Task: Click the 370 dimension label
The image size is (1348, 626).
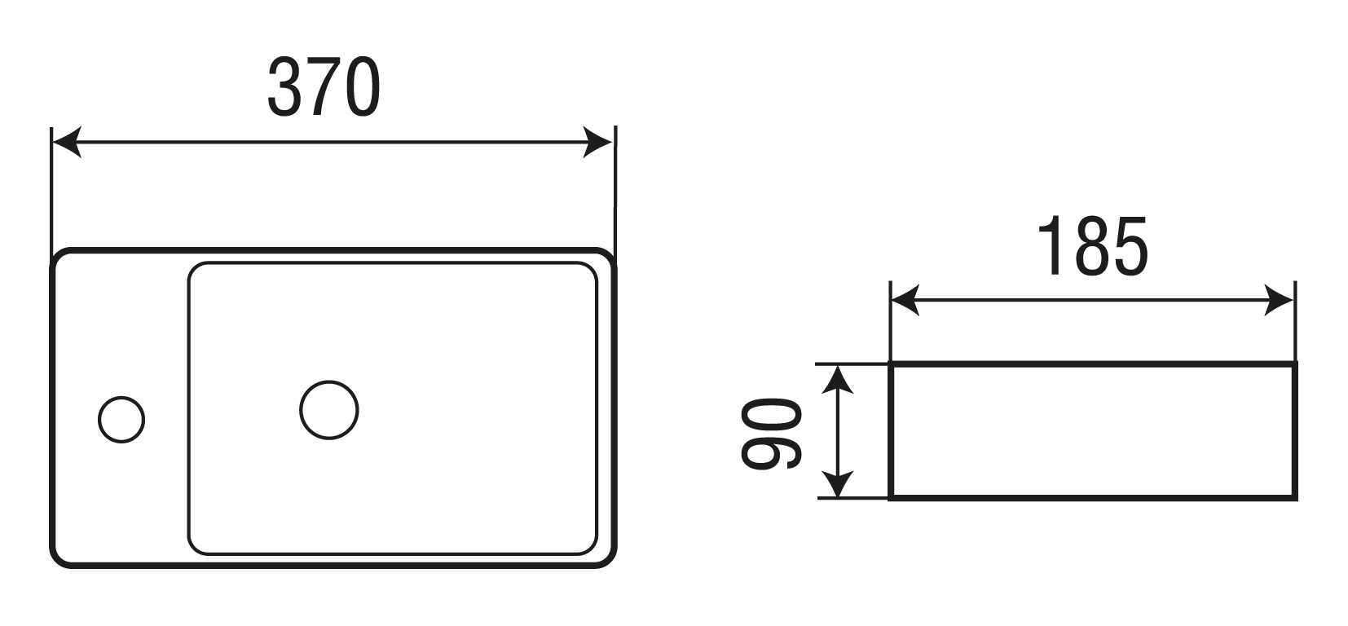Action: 324,88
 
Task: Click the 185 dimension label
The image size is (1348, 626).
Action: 1092,247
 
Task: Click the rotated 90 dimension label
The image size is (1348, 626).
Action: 771,434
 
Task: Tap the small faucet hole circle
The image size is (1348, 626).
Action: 121,420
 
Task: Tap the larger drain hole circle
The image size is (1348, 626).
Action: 329,410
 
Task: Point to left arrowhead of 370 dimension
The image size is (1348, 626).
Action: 66,142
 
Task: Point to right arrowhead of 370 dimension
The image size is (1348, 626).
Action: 597,142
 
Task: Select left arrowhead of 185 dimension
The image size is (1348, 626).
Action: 905,300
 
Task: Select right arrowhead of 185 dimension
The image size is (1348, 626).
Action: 1279,300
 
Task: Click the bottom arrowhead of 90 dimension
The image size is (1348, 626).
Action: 837,484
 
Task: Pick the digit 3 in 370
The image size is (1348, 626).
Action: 284,88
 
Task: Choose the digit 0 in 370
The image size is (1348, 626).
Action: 362,88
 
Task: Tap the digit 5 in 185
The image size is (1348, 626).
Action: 1131,247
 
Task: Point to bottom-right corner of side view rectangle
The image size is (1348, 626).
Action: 1295,498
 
